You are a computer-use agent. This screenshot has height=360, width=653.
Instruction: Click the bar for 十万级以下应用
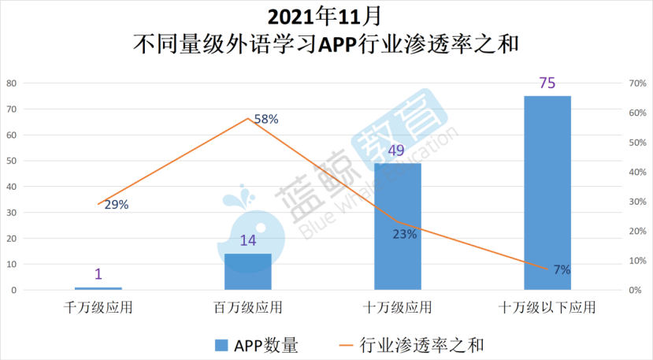547,193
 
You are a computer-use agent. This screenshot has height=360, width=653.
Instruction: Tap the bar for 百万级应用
248,272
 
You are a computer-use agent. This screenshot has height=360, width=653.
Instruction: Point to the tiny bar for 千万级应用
98,288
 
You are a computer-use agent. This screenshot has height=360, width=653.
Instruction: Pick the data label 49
398,150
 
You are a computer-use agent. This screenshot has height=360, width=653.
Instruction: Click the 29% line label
116,205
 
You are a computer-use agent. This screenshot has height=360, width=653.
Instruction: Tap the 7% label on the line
562,269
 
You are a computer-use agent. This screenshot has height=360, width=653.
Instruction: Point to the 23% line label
404,233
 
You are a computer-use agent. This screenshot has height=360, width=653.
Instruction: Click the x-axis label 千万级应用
98,307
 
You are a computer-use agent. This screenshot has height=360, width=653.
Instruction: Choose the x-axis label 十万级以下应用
547,307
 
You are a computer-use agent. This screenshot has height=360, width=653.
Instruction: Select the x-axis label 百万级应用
248,307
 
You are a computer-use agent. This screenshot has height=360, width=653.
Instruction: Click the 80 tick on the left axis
12,84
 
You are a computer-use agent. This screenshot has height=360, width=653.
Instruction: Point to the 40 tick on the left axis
12,187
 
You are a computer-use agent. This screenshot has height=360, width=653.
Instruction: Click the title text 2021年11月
325,16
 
